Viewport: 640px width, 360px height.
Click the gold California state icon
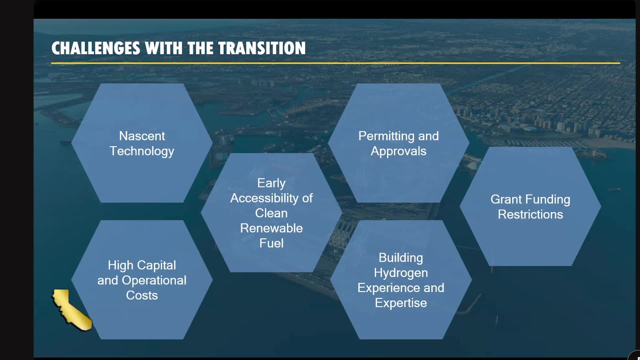pos(71,310)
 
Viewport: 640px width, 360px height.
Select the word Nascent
pos(142,136)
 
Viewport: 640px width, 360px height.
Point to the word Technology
pos(142,151)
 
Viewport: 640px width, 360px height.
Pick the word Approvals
pos(398,151)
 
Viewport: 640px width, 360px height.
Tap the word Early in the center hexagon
pos(271,183)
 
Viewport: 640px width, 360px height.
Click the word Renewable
pos(271,228)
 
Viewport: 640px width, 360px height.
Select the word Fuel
pos(271,243)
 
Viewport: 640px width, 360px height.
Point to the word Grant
pos(506,199)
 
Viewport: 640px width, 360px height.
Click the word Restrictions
pos(530,214)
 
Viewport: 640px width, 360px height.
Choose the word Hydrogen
pos(401,273)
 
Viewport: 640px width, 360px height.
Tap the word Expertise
pos(401,303)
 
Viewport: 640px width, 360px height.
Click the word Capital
pos(157,265)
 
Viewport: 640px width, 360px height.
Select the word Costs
pos(142,295)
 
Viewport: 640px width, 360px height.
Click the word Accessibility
pos(265,198)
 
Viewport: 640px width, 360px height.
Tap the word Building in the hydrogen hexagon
pos(401,258)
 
